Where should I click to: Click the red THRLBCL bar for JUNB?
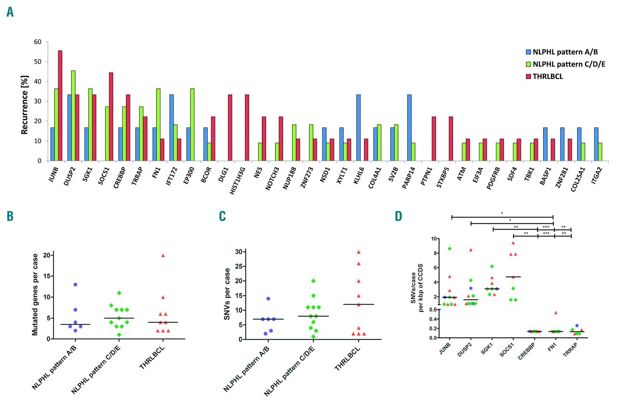[x=60, y=106]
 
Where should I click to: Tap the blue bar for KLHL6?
[x=359, y=128]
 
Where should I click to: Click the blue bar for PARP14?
[x=409, y=128]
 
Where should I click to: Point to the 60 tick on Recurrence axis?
[x=37, y=42]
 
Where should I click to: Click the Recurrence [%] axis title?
[x=24, y=101]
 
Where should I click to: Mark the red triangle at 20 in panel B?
[x=163, y=255]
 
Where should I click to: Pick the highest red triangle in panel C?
[x=359, y=252]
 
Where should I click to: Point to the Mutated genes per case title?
[x=34, y=295]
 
